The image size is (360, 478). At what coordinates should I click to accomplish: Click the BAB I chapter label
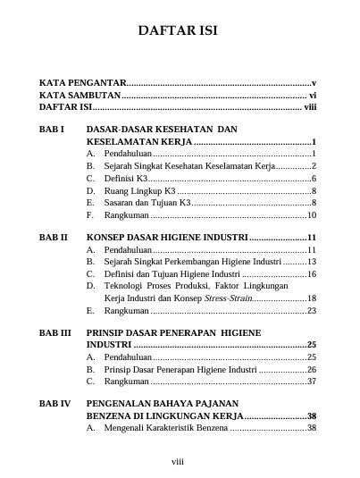pyautogui.click(x=51, y=130)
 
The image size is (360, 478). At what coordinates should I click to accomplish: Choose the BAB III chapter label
pyautogui.click(x=54, y=331)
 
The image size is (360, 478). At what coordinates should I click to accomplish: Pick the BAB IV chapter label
pyautogui.click(x=54, y=404)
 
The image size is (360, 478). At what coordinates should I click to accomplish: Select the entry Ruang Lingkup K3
pyautogui.click(x=139, y=191)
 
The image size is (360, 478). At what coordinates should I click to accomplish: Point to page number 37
pyautogui.click(x=312, y=381)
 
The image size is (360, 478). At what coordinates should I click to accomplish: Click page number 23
pyautogui.click(x=312, y=311)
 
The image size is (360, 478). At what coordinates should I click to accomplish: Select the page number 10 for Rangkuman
pyautogui.click(x=312, y=215)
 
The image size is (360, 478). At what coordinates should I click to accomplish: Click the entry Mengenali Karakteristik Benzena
pyautogui.click(x=166, y=428)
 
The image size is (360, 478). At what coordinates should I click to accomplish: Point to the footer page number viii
pyautogui.click(x=179, y=462)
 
